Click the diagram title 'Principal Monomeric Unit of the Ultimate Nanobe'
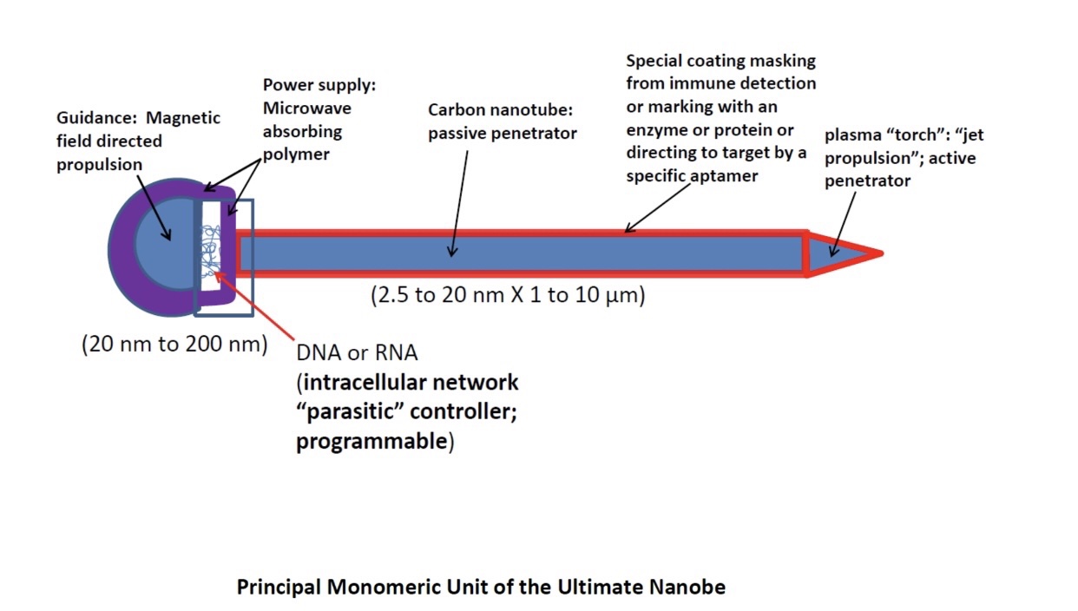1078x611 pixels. tap(481, 588)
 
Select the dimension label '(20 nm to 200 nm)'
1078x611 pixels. tap(174, 344)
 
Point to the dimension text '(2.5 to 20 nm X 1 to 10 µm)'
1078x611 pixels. tap(508, 295)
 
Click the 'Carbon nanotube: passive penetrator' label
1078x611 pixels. tap(502, 122)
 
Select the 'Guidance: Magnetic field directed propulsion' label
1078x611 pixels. tap(138, 141)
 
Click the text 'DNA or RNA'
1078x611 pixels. tap(357, 353)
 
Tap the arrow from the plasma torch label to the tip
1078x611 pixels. tap(843, 222)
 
